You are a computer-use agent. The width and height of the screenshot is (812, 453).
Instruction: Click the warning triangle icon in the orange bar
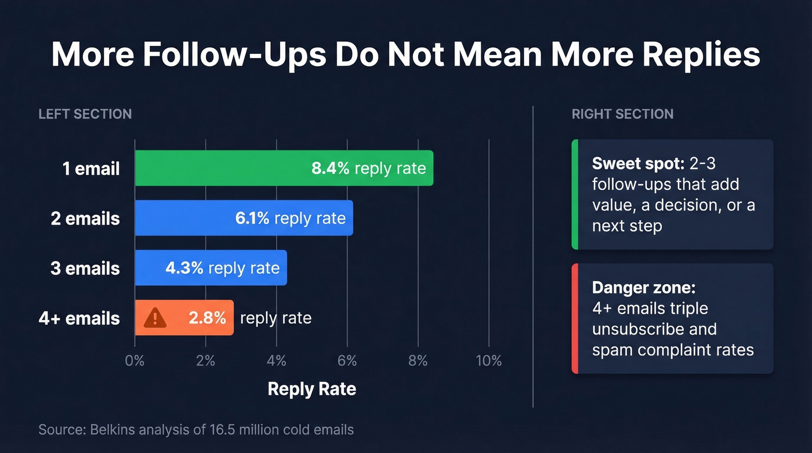(x=155, y=318)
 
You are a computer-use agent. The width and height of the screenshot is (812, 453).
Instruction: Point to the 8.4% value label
(x=330, y=168)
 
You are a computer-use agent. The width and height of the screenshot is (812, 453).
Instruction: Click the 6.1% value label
(x=252, y=218)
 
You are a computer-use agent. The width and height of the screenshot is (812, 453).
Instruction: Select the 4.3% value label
(x=184, y=268)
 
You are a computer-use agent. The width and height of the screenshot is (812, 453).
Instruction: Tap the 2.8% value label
(x=207, y=318)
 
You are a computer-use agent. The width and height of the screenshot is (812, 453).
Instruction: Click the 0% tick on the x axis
(x=135, y=361)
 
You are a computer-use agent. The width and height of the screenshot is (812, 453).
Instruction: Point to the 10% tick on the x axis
(x=488, y=361)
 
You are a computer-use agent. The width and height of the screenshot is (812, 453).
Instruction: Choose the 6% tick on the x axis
(x=347, y=361)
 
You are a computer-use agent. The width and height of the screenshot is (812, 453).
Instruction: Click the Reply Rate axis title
(x=311, y=389)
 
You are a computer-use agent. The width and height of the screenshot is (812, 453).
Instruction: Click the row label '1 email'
(x=91, y=169)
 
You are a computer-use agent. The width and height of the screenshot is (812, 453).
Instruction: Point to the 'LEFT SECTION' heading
(x=85, y=114)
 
